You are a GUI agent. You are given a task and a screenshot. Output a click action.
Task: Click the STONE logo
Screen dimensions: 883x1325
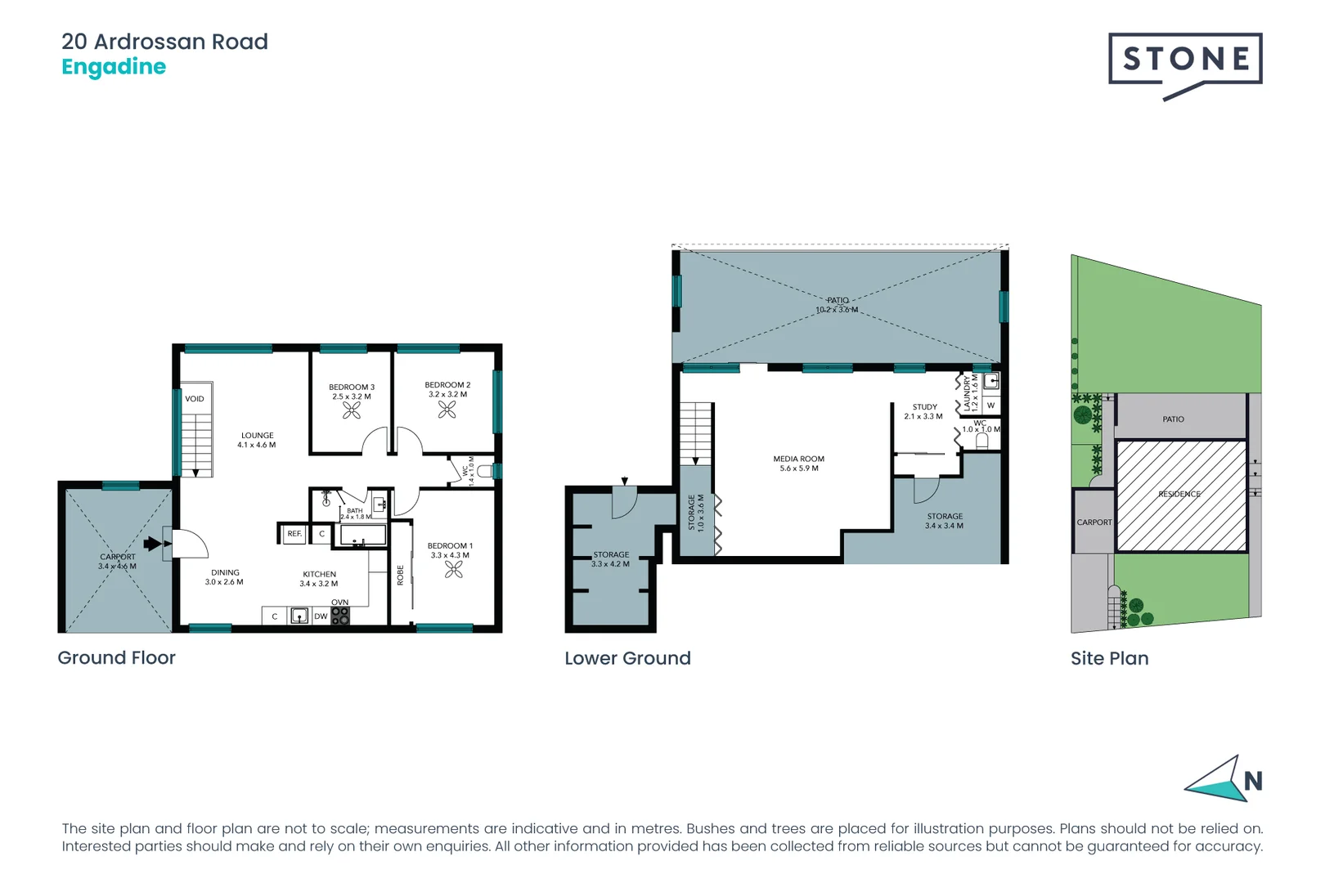(1184, 61)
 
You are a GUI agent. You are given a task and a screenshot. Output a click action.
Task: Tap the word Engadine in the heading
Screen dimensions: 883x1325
(114, 67)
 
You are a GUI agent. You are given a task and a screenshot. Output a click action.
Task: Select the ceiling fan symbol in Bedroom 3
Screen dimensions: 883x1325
(352, 410)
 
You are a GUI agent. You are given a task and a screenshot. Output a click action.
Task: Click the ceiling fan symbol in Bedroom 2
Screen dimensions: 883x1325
(447, 409)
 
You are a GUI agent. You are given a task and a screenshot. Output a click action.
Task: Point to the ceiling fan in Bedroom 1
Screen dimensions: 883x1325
(453, 570)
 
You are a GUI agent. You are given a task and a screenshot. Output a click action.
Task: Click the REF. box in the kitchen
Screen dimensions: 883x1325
(294, 534)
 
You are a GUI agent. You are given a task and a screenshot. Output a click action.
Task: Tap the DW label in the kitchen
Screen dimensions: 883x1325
(321, 616)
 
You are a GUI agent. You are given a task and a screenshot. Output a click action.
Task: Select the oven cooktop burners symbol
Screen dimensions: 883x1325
(340, 616)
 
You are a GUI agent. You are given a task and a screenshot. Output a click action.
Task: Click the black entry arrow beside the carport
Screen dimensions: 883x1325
(153, 544)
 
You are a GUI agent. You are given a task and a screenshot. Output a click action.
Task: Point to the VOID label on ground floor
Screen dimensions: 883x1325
(195, 399)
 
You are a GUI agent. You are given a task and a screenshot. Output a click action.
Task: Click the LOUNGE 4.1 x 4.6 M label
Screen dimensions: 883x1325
(257, 441)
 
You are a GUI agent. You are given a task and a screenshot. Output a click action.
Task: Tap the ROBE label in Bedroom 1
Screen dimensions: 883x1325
(401, 575)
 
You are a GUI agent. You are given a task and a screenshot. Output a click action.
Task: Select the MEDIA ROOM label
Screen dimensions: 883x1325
(798, 464)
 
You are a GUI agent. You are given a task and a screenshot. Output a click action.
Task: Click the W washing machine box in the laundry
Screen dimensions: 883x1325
(990, 406)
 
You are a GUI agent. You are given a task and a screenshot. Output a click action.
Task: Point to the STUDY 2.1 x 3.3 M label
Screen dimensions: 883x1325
(924, 411)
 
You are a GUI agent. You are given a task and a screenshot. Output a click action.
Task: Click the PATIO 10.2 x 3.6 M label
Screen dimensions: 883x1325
(837, 305)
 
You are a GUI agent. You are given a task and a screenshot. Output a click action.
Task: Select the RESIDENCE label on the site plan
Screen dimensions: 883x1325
(1179, 494)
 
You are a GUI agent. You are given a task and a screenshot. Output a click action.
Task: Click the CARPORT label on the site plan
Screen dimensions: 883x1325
(1094, 522)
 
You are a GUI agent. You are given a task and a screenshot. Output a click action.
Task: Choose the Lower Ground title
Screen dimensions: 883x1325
(627, 658)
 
